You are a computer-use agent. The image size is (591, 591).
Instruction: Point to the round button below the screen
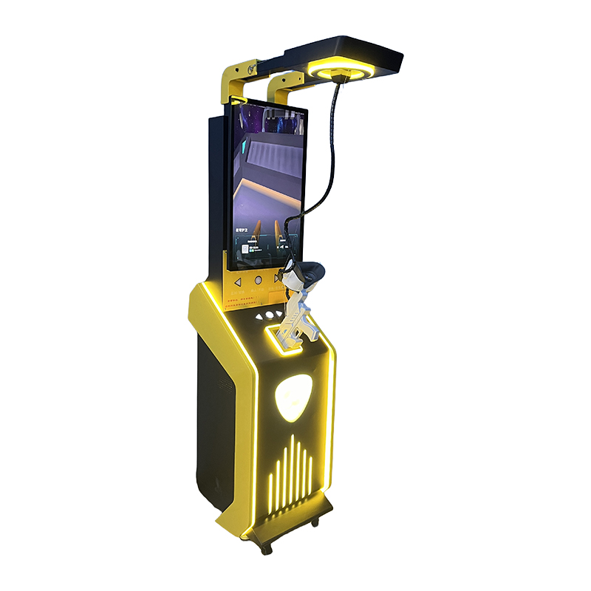coord(258,281)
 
